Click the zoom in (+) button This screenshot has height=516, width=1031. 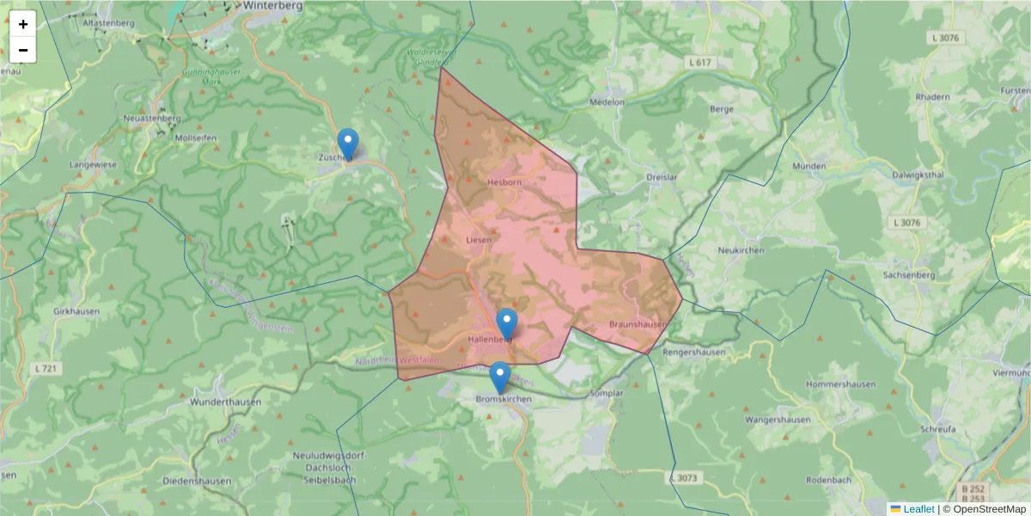pyautogui.click(x=23, y=24)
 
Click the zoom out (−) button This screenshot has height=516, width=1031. pyautogui.click(x=23, y=50)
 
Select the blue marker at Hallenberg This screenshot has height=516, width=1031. pyautogui.click(x=507, y=324)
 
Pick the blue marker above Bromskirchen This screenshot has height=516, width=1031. pyautogui.click(x=499, y=378)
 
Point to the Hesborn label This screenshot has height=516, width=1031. pyautogui.click(x=504, y=182)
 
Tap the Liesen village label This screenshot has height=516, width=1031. pyautogui.click(x=479, y=240)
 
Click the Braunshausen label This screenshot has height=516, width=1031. pyautogui.click(x=637, y=324)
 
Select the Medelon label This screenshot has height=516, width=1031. pyautogui.click(x=607, y=101)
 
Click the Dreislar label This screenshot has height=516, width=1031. pyautogui.click(x=662, y=177)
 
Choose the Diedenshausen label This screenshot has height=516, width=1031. pyautogui.click(x=197, y=481)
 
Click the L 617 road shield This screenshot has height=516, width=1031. pyautogui.click(x=700, y=63)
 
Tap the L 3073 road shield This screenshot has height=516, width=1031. pyautogui.click(x=684, y=477)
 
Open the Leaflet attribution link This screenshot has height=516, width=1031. pyautogui.click(x=918, y=509)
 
